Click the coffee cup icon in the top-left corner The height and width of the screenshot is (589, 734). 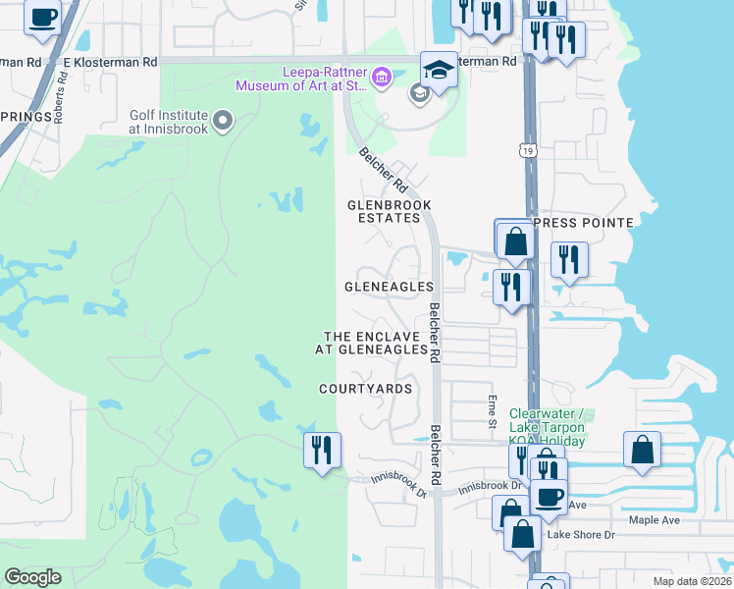[42, 18]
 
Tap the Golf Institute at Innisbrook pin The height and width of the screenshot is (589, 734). [223, 122]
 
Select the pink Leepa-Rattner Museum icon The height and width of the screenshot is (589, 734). [381, 75]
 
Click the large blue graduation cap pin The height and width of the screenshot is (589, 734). [439, 69]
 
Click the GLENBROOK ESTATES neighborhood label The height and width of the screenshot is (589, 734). [390, 211]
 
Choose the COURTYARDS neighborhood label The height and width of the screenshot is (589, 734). [366, 389]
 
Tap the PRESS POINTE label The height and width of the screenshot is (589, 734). [586, 223]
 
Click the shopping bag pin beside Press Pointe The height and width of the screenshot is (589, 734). [514, 240]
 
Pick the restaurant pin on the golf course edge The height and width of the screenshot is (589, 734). [322, 450]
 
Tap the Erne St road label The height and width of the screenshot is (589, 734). [492, 410]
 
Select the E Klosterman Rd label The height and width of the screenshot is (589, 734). [110, 61]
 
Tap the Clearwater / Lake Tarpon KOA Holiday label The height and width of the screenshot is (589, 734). [547, 427]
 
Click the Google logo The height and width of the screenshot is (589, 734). [32, 577]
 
